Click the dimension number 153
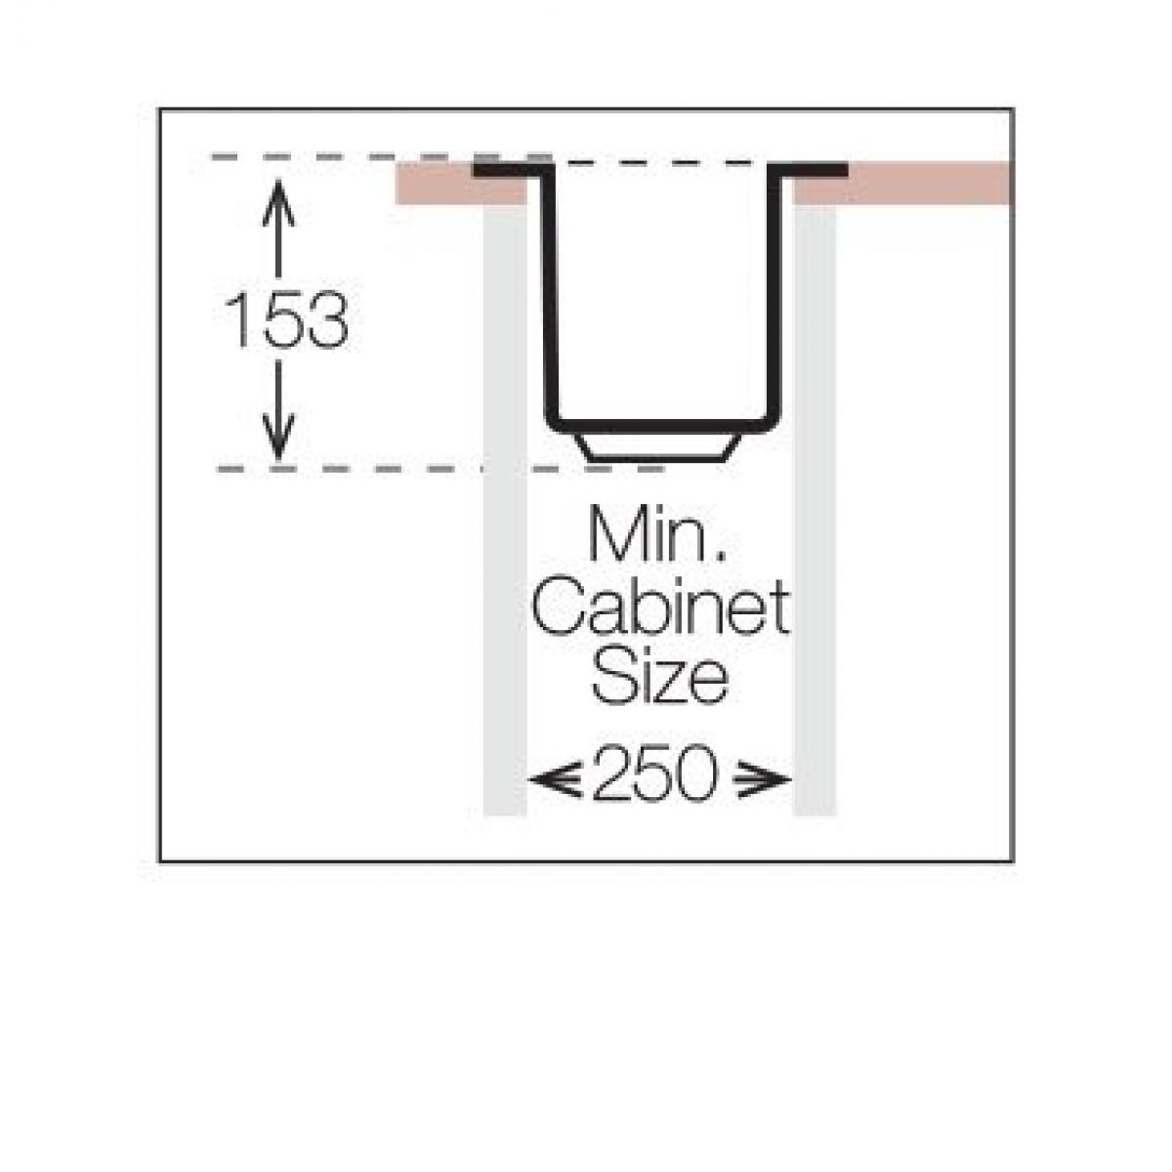coord(286,319)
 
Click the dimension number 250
coord(655,774)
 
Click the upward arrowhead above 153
coord(278,202)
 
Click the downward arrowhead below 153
coord(278,436)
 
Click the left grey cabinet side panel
coord(505,510)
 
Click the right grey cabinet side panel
coord(815,510)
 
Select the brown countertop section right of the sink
coord(903,184)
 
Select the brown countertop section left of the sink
coord(461,184)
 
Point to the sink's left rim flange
coord(511,170)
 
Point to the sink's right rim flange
coord(808,170)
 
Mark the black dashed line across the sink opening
coord(660,163)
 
